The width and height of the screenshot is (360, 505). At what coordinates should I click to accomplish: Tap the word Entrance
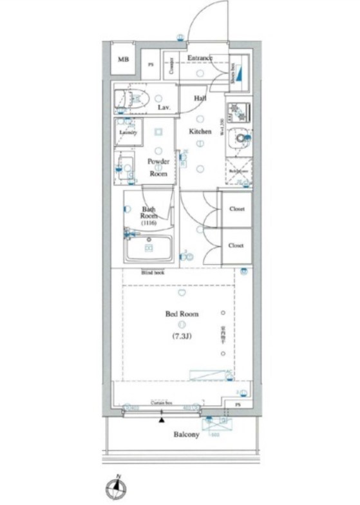(x=200, y=59)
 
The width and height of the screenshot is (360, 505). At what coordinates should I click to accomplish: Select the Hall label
(x=200, y=98)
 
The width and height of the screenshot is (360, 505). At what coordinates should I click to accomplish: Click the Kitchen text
(x=200, y=132)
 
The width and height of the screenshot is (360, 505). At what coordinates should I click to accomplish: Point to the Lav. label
(x=164, y=108)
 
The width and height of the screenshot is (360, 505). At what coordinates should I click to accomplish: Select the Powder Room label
(x=158, y=167)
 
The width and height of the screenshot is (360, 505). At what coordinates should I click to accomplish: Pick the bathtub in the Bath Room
(x=149, y=248)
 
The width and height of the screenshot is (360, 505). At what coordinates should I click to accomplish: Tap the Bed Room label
(x=182, y=314)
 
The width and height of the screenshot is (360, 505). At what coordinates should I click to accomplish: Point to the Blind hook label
(x=153, y=272)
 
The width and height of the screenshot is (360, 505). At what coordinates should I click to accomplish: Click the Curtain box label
(x=162, y=403)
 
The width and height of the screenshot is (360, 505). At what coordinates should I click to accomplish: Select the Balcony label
(x=186, y=435)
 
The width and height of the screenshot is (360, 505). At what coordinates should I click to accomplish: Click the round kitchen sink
(x=241, y=137)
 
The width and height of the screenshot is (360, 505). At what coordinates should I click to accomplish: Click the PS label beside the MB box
(x=151, y=64)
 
